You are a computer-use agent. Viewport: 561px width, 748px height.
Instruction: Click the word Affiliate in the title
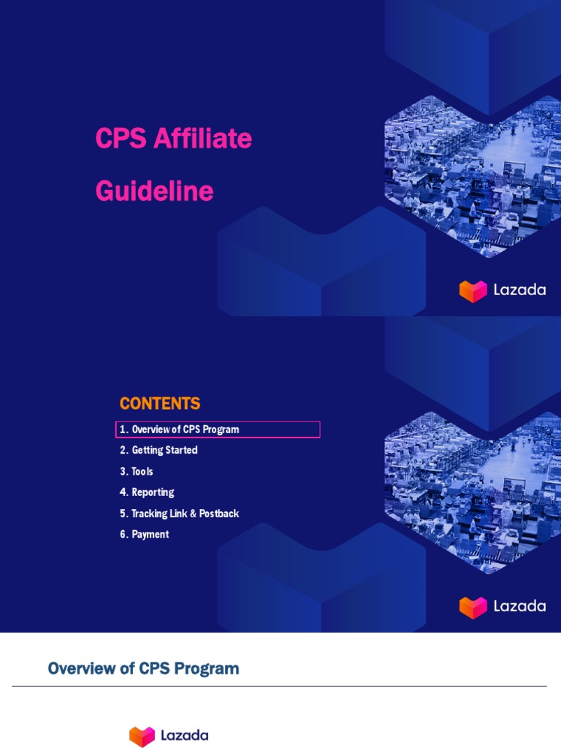click(202, 138)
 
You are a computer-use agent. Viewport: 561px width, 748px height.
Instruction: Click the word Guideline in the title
click(154, 191)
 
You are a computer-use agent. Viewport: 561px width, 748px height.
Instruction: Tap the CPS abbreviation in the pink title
click(121, 138)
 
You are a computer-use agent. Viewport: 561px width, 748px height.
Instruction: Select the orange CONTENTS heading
click(160, 403)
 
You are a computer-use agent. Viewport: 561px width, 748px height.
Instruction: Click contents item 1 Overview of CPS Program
click(185, 430)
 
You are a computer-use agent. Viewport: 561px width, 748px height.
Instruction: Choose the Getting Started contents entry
click(164, 451)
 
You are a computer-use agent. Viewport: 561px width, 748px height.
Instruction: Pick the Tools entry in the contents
click(142, 472)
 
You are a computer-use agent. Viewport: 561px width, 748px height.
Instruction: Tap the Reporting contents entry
click(152, 492)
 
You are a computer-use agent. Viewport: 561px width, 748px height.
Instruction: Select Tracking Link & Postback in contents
click(185, 514)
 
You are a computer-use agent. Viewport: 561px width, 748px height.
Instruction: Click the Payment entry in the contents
click(150, 535)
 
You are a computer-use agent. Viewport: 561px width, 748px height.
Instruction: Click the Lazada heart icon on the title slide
click(473, 290)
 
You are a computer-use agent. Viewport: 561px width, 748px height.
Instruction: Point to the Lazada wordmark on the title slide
click(519, 290)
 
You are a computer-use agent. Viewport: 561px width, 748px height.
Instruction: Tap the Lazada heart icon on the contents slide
click(473, 606)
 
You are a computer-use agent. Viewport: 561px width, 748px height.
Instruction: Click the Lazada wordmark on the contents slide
click(519, 606)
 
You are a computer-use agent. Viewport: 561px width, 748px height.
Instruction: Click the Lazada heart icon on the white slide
click(142, 736)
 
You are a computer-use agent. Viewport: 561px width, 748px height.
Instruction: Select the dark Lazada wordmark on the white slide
click(185, 736)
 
